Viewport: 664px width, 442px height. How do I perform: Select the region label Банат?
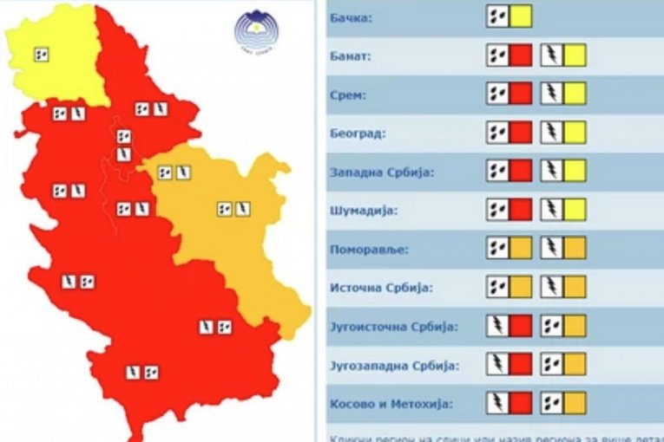[x=352, y=57]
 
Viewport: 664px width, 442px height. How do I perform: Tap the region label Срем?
[x=349, y=95]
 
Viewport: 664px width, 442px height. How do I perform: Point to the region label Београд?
[x=358, y=133]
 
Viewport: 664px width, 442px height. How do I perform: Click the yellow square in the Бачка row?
[x=521, y=16]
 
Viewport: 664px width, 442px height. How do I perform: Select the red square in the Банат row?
[x=521, y=55]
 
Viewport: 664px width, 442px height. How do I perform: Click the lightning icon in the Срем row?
[x=552, y=94]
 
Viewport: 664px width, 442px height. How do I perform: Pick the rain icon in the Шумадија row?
[x=497, y=210]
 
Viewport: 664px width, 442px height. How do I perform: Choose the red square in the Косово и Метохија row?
[x=521, y=403]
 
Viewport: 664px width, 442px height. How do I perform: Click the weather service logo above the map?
[x=256, y=32]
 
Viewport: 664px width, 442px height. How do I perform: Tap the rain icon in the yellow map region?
[x=41, y=55]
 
